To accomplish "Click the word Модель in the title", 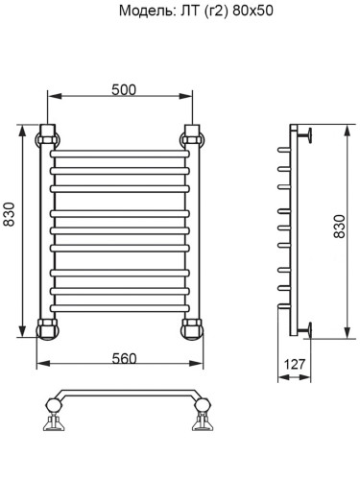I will point(145,12).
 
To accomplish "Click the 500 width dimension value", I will point(122,89).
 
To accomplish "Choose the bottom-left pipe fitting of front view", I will point(46,329).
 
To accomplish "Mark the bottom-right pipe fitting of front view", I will point(192,329).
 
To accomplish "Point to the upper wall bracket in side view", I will point(304,133).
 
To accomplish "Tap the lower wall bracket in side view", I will point(304,330).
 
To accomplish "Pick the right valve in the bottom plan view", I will point(202,419).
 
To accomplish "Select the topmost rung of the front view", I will point(119,153).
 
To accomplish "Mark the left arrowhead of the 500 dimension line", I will point(52,97).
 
